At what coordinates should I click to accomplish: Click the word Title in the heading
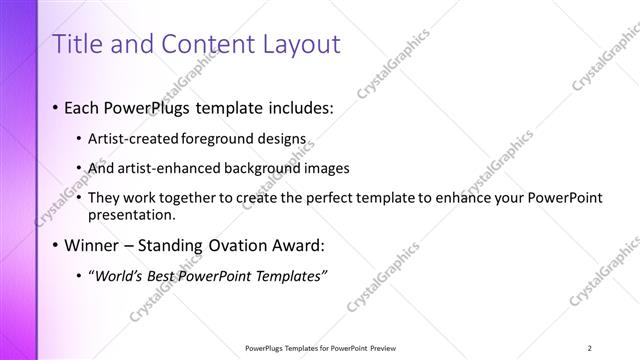pos(77,44)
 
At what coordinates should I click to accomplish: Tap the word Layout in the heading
pos(297,44)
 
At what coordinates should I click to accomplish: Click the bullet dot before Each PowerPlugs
pos(54,107)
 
